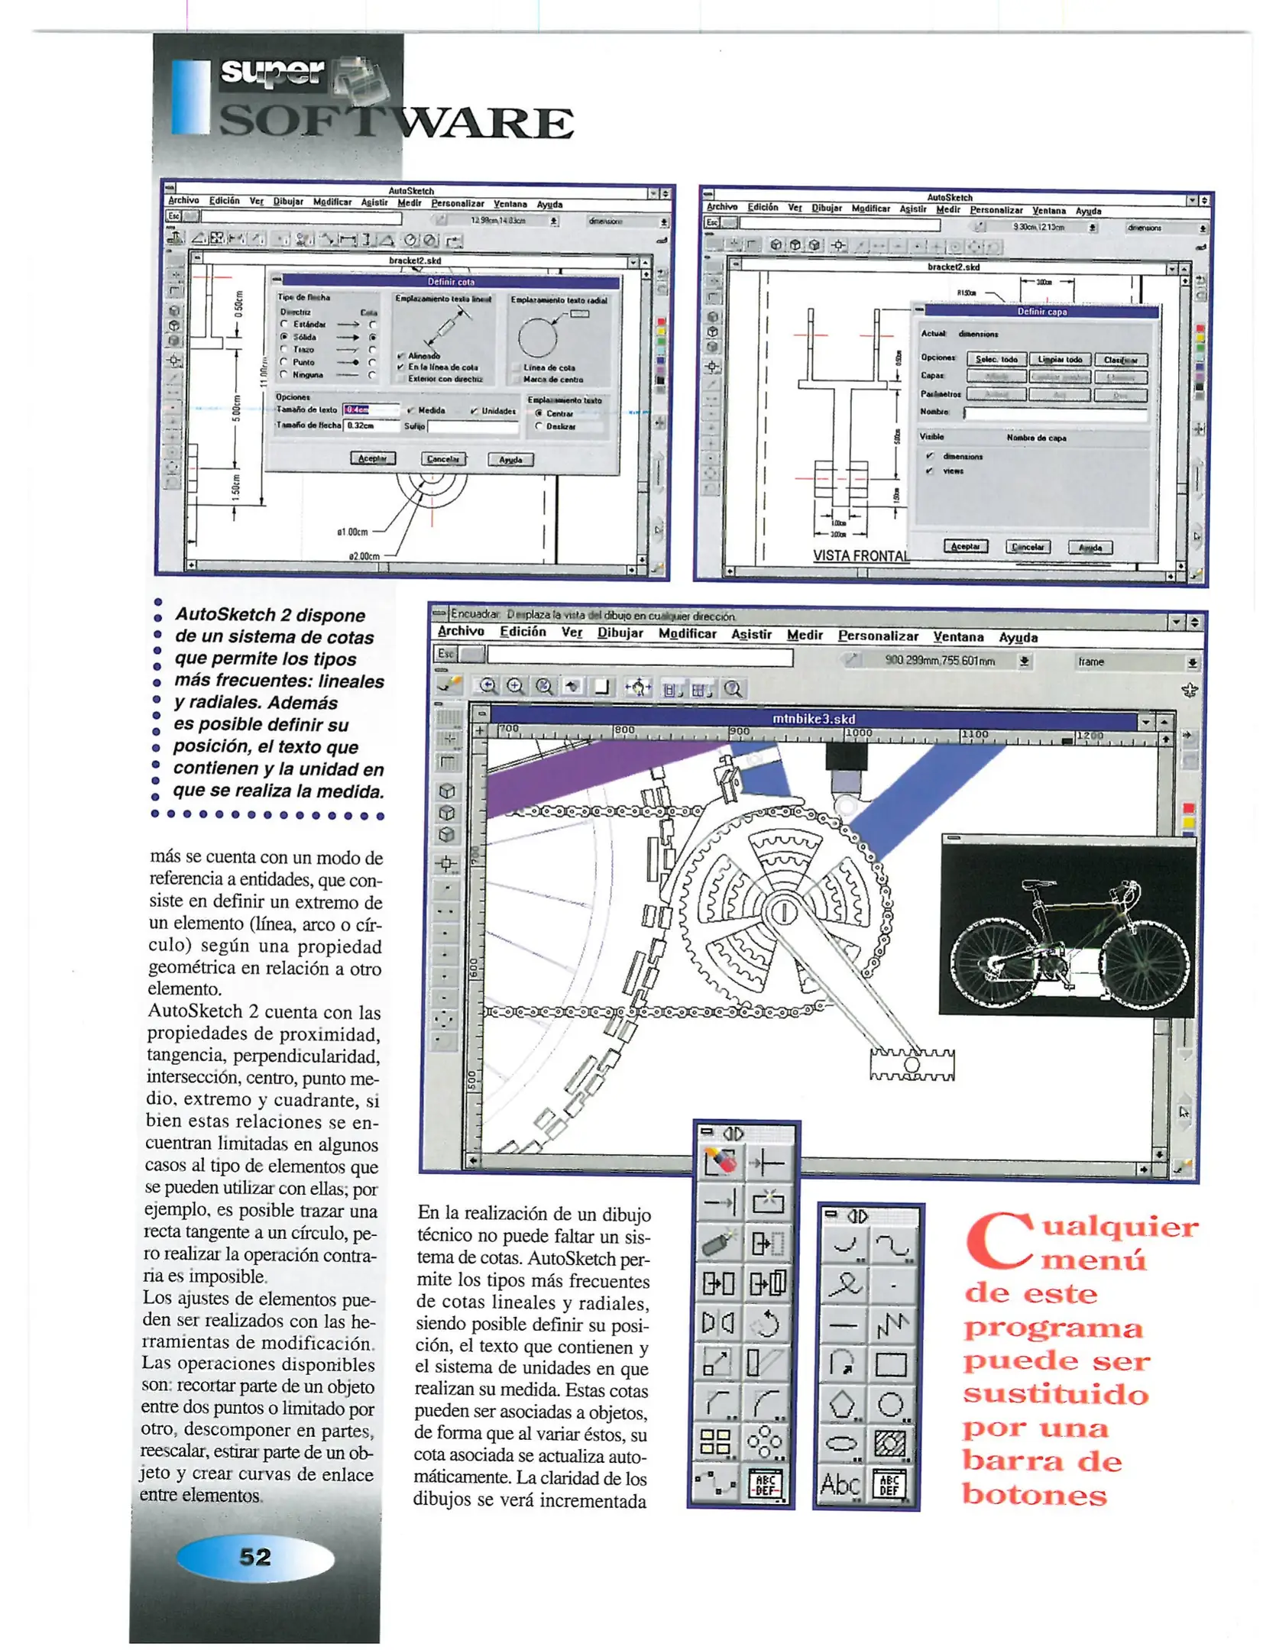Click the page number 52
coord(255,1556)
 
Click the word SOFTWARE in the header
coord(397,122)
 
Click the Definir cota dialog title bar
coord(451,281)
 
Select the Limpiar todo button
coord(1060,359)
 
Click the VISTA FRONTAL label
coord(860,555)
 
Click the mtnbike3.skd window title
coord(814,719)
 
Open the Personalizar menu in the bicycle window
coord(877,636)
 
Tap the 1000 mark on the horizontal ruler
coord(857,733)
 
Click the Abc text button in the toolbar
coord(840,1483)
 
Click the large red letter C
coord(997,1241)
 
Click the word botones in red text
coord(1034,1494)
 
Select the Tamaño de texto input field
coord(371,410)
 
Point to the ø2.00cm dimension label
coord(364,556)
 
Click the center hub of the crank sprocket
coord(782,912)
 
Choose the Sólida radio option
coord(284,337)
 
